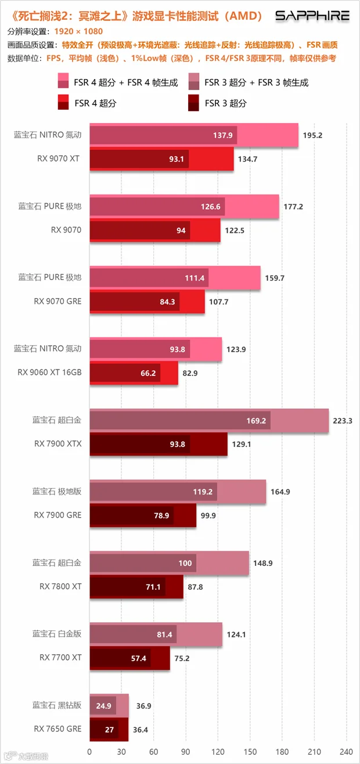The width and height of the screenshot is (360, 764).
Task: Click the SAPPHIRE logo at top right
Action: (312, 16)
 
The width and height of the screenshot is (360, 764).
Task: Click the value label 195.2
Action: (312, 135)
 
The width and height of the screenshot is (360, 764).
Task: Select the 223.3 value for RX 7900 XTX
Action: (343, 421)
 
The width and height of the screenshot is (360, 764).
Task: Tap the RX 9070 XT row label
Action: (58, 159)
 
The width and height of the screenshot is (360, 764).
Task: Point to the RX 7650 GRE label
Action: (57, 729)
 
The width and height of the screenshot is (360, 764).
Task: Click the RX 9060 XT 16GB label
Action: (49, 372)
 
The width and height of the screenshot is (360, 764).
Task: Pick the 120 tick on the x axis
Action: (218, 752)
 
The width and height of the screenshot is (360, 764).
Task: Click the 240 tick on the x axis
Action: (346, 752)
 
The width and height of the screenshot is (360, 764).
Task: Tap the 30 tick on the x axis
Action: (121, 752)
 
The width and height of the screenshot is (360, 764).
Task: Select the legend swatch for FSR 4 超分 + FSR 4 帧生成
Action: (63, 81)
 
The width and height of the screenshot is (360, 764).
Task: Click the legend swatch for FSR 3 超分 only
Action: (193, 103)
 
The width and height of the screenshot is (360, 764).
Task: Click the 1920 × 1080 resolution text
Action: (78, 31)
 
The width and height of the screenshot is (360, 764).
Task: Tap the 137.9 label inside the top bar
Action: (222, 135)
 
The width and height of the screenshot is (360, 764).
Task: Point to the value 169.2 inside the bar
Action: (256, 421)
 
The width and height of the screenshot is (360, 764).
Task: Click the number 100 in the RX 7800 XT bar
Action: (185, 564)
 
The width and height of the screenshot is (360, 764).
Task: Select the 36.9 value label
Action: (143, 706)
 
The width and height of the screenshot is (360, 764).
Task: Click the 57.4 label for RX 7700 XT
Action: (138, 658)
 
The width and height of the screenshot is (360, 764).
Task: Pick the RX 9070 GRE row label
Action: (57, 301)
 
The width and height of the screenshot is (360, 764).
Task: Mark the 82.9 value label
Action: (190, 373)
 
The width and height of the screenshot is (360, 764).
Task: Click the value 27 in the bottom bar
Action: (109, 730)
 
